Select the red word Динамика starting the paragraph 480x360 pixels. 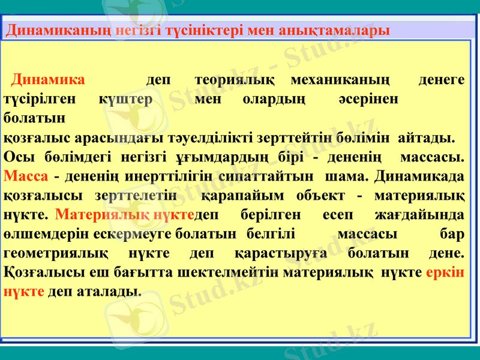click(x=49, y=80)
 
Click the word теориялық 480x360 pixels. click(x=235, y=80)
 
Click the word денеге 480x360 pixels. click(x=441, y=80)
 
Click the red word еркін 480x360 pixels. click(x=445, y=272)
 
